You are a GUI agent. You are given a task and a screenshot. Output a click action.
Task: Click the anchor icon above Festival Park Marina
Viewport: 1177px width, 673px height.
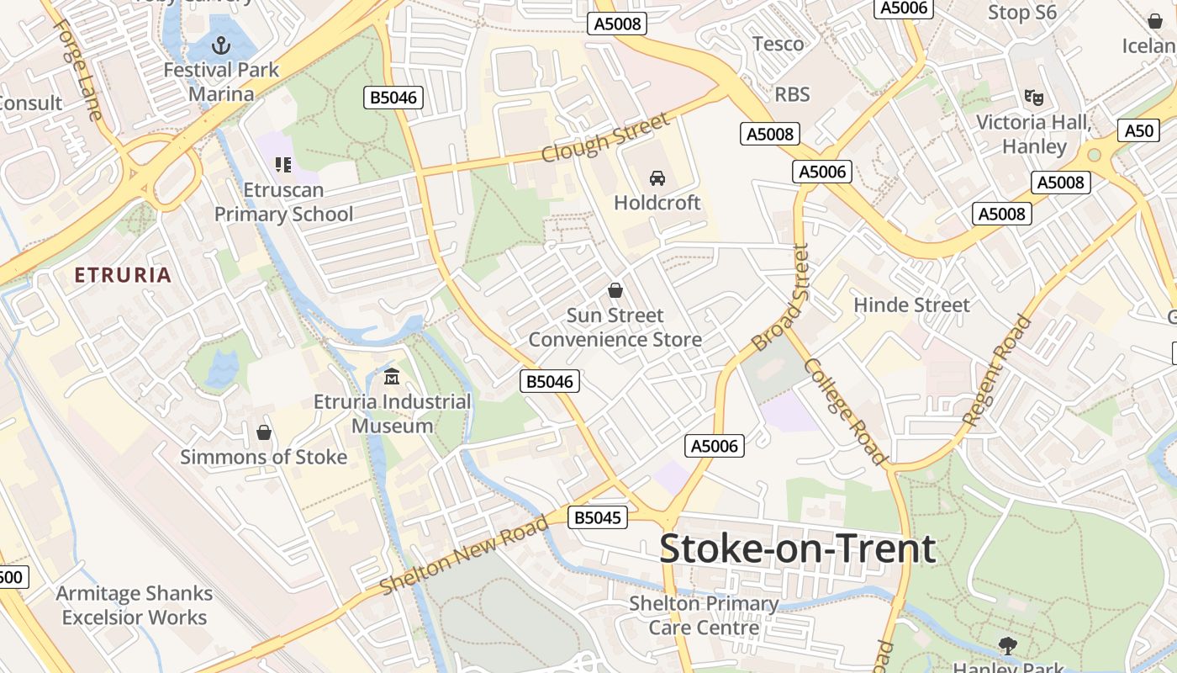tap(221, 44)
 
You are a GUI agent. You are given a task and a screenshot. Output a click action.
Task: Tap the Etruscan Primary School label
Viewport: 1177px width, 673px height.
tap(283, 202)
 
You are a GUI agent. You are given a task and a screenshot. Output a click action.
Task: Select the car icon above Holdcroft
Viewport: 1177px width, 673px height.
tap(657, 178)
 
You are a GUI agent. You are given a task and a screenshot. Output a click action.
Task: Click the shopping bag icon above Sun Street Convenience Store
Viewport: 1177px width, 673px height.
tap(615, 290)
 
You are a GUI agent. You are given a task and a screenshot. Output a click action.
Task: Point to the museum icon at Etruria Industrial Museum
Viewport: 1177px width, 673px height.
tap(392, 376)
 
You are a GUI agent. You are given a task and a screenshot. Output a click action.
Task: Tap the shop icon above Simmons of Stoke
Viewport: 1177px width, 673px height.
tap(264, 432)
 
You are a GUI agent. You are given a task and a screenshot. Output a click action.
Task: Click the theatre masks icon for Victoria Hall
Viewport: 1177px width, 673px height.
tap(1033, 98)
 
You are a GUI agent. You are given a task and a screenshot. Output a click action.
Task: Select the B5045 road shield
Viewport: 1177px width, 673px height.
tap(598, 517)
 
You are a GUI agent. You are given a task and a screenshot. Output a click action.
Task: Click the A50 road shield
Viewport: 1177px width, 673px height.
tap(1139, 130)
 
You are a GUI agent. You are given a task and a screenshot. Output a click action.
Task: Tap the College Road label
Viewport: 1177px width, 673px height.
tap(844, 411)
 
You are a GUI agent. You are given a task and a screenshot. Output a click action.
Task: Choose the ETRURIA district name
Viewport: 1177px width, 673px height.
tap(123, 275)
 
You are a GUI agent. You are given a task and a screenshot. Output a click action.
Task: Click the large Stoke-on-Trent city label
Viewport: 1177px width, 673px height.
tap(797, 548)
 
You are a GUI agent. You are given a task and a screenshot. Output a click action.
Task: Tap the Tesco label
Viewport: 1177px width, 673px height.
tap(778, 44)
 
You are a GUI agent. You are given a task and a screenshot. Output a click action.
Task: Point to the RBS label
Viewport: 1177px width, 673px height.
tap(792, 94)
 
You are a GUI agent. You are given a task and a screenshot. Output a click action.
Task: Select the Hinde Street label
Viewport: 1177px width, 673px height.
tap(911, 305)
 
